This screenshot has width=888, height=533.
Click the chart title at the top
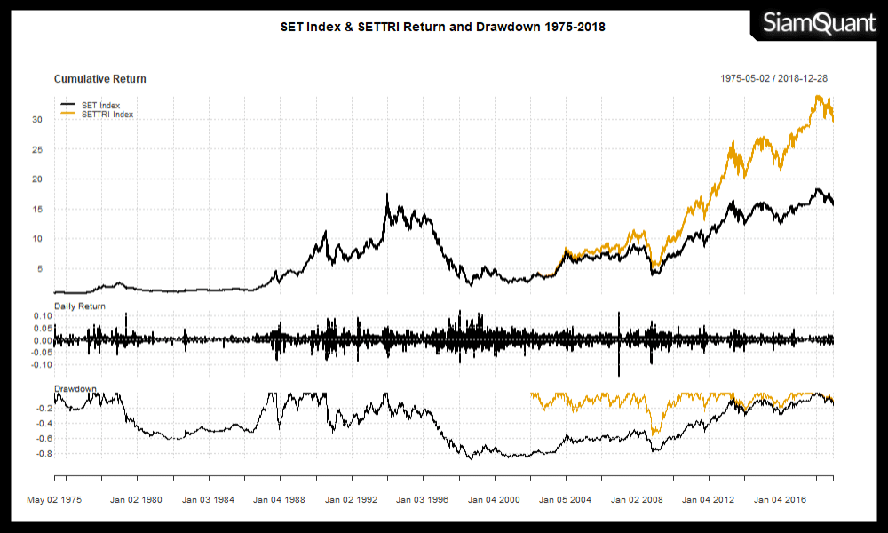(443, 27)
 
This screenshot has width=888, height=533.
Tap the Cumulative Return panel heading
(100, 79)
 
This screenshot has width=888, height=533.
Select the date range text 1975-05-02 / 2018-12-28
(774, 79)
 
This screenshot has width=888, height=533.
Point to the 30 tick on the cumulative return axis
(38, 119)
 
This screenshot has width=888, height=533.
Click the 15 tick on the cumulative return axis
(38, 209)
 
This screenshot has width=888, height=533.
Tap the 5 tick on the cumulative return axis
(41, 268)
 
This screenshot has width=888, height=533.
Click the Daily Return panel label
(80, 306)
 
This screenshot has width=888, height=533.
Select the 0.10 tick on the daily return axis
(44, 316)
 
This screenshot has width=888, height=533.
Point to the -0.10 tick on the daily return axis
(42, 365)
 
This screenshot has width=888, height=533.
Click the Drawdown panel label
(75, 389)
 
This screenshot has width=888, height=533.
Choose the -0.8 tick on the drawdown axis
(43, 453)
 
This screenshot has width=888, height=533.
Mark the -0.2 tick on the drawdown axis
(43, 408)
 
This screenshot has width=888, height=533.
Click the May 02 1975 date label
(54, 500)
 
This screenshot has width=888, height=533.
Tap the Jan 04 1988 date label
(280, 500)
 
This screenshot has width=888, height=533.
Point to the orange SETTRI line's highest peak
(817, 96)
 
